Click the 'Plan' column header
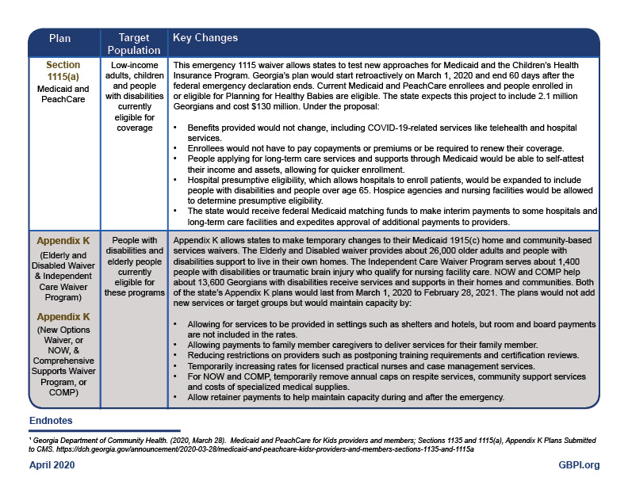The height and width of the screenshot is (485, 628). click(x=60, y=38)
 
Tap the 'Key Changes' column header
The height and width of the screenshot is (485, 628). click(x=205, y=38)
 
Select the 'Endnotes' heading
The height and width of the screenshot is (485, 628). click(x=52, y=419)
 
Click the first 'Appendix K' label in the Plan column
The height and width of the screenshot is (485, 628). click(x=63, y=240)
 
